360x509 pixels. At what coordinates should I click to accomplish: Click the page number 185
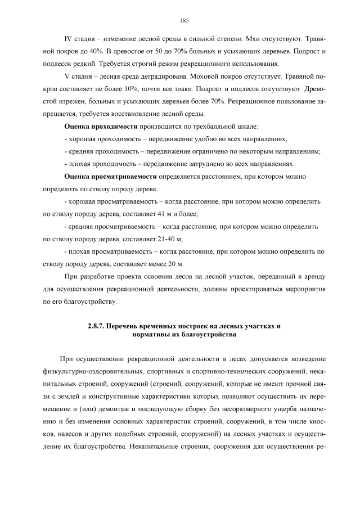click(184, 21)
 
